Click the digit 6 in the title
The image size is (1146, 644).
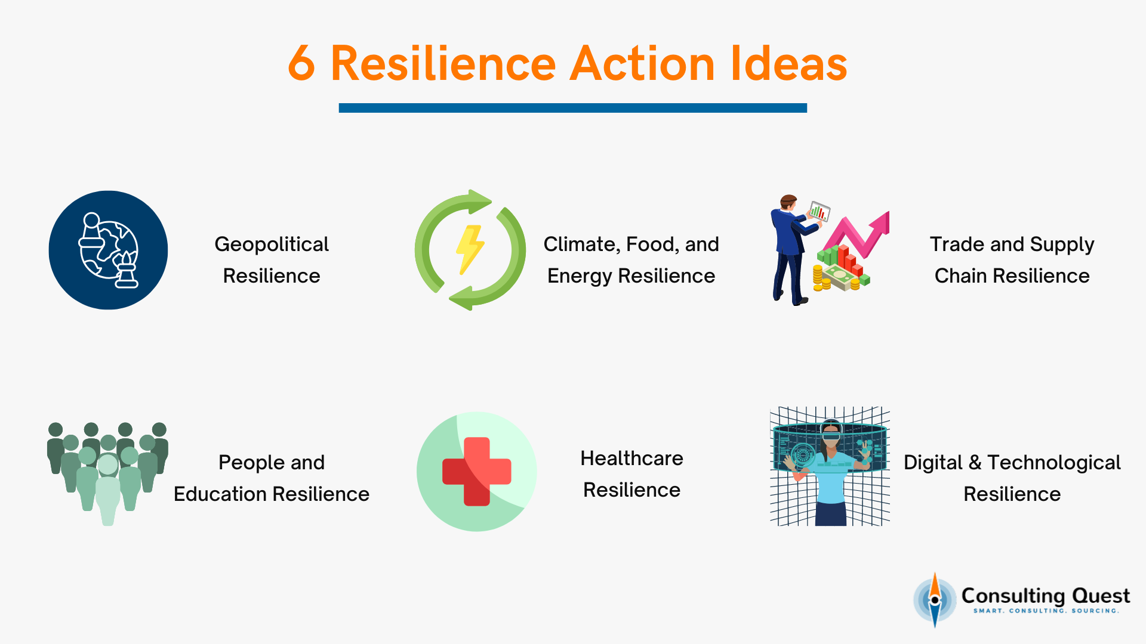(301, 63)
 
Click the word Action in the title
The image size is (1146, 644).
(642, 63)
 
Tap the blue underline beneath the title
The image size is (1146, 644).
(572, 108)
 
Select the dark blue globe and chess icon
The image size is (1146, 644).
(108, 250)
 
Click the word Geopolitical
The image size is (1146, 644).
(272, 244)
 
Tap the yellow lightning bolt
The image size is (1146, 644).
(470, 249)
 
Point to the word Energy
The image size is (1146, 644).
(580, 276)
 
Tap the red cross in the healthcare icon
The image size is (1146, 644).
(476, 471)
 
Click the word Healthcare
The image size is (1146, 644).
(631, 459)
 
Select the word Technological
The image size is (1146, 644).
(1053, 463)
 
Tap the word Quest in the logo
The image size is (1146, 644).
(1101, 596)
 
